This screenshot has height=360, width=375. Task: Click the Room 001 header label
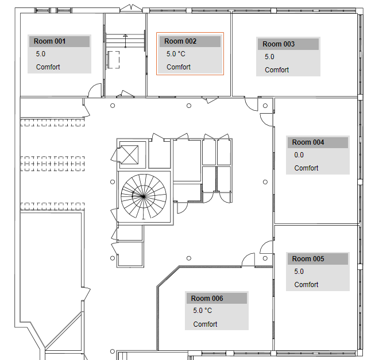[50, 41]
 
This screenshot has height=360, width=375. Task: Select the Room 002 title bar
[180, 41]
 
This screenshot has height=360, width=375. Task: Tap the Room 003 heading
[279, 44]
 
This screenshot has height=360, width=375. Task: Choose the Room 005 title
[308, 259]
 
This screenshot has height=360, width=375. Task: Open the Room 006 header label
[207, 299]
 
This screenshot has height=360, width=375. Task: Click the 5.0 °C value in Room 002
[176, 54]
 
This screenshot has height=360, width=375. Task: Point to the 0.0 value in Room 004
[299, 155]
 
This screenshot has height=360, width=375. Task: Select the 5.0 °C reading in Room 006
[203, 311]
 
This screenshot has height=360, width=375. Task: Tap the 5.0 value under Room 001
[41, 54]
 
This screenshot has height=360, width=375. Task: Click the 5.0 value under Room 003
[269, 57]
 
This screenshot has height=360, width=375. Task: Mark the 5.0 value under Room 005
[299, 272]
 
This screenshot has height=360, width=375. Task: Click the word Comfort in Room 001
[48, 67]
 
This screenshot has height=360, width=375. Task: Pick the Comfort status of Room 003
[277, 70]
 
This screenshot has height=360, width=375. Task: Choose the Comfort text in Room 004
[307, 168]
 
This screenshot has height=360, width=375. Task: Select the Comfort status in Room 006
[206, 324]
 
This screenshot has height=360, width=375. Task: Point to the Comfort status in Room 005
[307, 285]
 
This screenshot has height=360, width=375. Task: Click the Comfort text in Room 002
[179, 67]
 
